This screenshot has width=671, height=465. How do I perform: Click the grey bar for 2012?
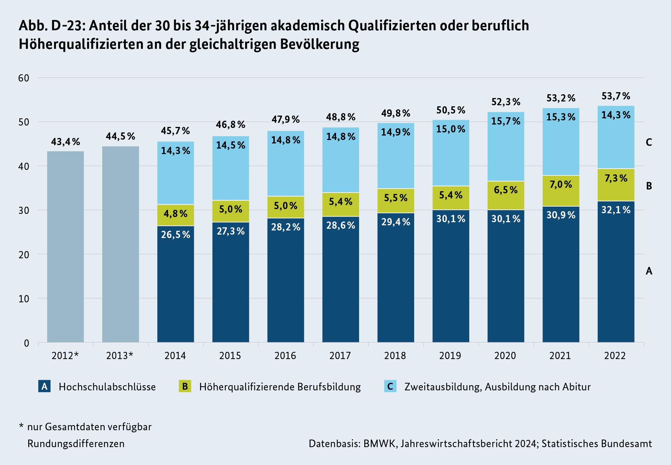point(65,246)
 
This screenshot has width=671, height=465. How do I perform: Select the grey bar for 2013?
point(120,244)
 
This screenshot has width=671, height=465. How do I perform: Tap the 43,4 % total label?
point(65,142)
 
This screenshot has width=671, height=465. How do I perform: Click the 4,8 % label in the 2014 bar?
point(176,214)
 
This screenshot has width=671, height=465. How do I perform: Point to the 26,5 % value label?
point(176,235)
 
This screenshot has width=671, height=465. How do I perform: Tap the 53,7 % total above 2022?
point(616,96)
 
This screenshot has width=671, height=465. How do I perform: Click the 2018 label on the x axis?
point(395,356)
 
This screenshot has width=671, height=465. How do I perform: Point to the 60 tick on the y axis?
point(24,78)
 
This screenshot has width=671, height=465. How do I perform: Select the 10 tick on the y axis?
point(24,299)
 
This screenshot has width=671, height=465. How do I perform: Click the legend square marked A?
point(44,386)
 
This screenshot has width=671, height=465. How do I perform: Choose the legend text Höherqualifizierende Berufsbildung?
point(280,387)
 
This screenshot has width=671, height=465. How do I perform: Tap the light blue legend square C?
point(390,386)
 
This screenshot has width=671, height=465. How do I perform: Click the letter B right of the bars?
point(649,186)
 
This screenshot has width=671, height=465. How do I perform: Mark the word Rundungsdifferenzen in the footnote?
point(76,444)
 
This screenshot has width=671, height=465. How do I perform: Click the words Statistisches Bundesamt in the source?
point(597,444)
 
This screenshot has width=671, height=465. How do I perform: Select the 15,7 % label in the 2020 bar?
point(506,121)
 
